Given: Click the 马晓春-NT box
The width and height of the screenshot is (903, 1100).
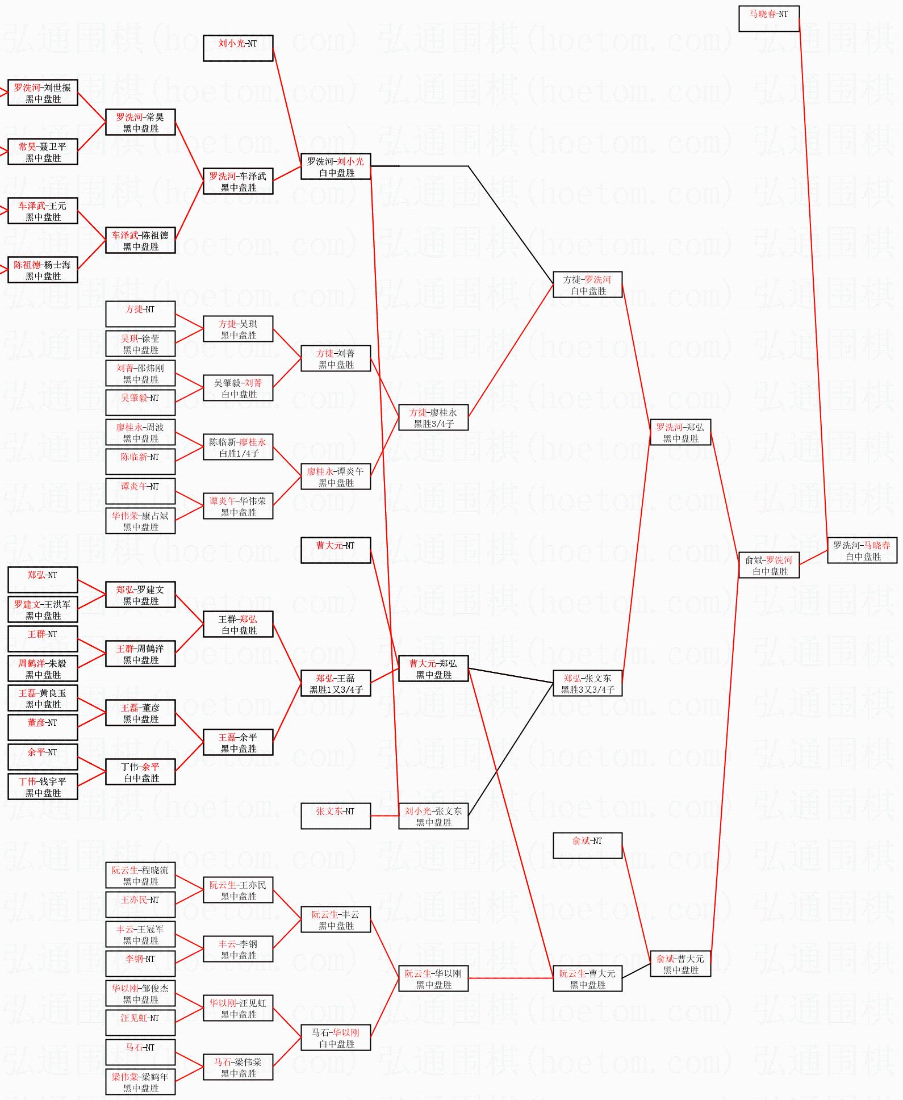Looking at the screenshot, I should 768,19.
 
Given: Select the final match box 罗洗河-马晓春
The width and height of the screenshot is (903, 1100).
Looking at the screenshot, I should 862,550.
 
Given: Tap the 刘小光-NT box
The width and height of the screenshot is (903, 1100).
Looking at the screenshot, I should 238,48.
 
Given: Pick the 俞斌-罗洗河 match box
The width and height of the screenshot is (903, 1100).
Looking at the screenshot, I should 769,565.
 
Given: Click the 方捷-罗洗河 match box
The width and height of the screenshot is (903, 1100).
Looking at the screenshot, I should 587,285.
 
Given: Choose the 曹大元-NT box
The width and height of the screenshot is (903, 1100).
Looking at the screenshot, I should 335,550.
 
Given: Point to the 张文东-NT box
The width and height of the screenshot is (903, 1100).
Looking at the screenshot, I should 335,816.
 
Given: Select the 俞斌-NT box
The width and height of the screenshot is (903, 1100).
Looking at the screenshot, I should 587,846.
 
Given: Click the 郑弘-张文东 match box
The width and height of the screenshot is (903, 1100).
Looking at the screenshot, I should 587,683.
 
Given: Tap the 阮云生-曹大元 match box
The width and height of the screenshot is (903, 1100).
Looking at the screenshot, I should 587,978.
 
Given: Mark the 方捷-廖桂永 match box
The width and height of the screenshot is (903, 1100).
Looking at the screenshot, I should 433,417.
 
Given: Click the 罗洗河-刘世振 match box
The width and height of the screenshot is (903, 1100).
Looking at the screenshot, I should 43,93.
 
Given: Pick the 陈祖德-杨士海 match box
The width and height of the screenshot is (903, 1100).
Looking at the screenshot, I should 43,270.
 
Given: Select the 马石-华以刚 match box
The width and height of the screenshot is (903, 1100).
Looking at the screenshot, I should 335,1038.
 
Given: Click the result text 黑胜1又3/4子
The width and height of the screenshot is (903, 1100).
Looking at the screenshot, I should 336,689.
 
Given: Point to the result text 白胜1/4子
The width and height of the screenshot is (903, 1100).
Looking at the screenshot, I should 239,453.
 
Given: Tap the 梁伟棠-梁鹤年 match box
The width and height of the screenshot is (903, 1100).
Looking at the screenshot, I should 140,1082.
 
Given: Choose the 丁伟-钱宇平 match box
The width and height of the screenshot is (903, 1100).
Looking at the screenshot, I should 43,787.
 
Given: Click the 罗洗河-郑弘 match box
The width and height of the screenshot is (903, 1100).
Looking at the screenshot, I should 680,432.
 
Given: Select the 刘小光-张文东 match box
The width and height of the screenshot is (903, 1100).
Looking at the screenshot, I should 433,816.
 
